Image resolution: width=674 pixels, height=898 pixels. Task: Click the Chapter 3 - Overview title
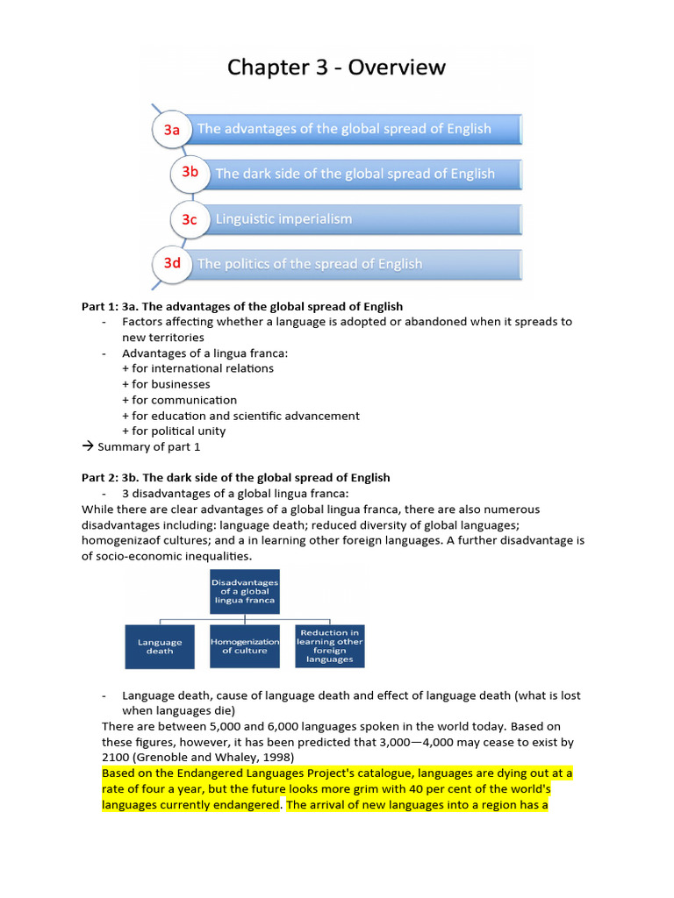click(x=337, y=68)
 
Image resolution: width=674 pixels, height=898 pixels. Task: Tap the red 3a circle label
click(x=172, y=130)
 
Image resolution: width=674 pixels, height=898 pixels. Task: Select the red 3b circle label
click(x=190, y=173)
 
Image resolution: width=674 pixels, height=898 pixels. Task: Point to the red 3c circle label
click(x=190, y=219)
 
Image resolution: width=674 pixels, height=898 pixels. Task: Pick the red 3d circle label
click(x=172, y=263)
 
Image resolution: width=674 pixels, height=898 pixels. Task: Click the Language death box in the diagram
click(x=161, y=646)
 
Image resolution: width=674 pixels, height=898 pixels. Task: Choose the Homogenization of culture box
click(x=245, y=646)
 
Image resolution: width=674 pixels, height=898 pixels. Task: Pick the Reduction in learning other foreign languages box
click(x=329, y=645)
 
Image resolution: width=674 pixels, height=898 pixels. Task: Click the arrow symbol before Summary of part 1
click(x=87, y=446)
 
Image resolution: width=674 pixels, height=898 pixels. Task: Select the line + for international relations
click(x=197, y=368)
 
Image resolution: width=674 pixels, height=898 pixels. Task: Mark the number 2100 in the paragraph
click(x=116, y=757)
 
